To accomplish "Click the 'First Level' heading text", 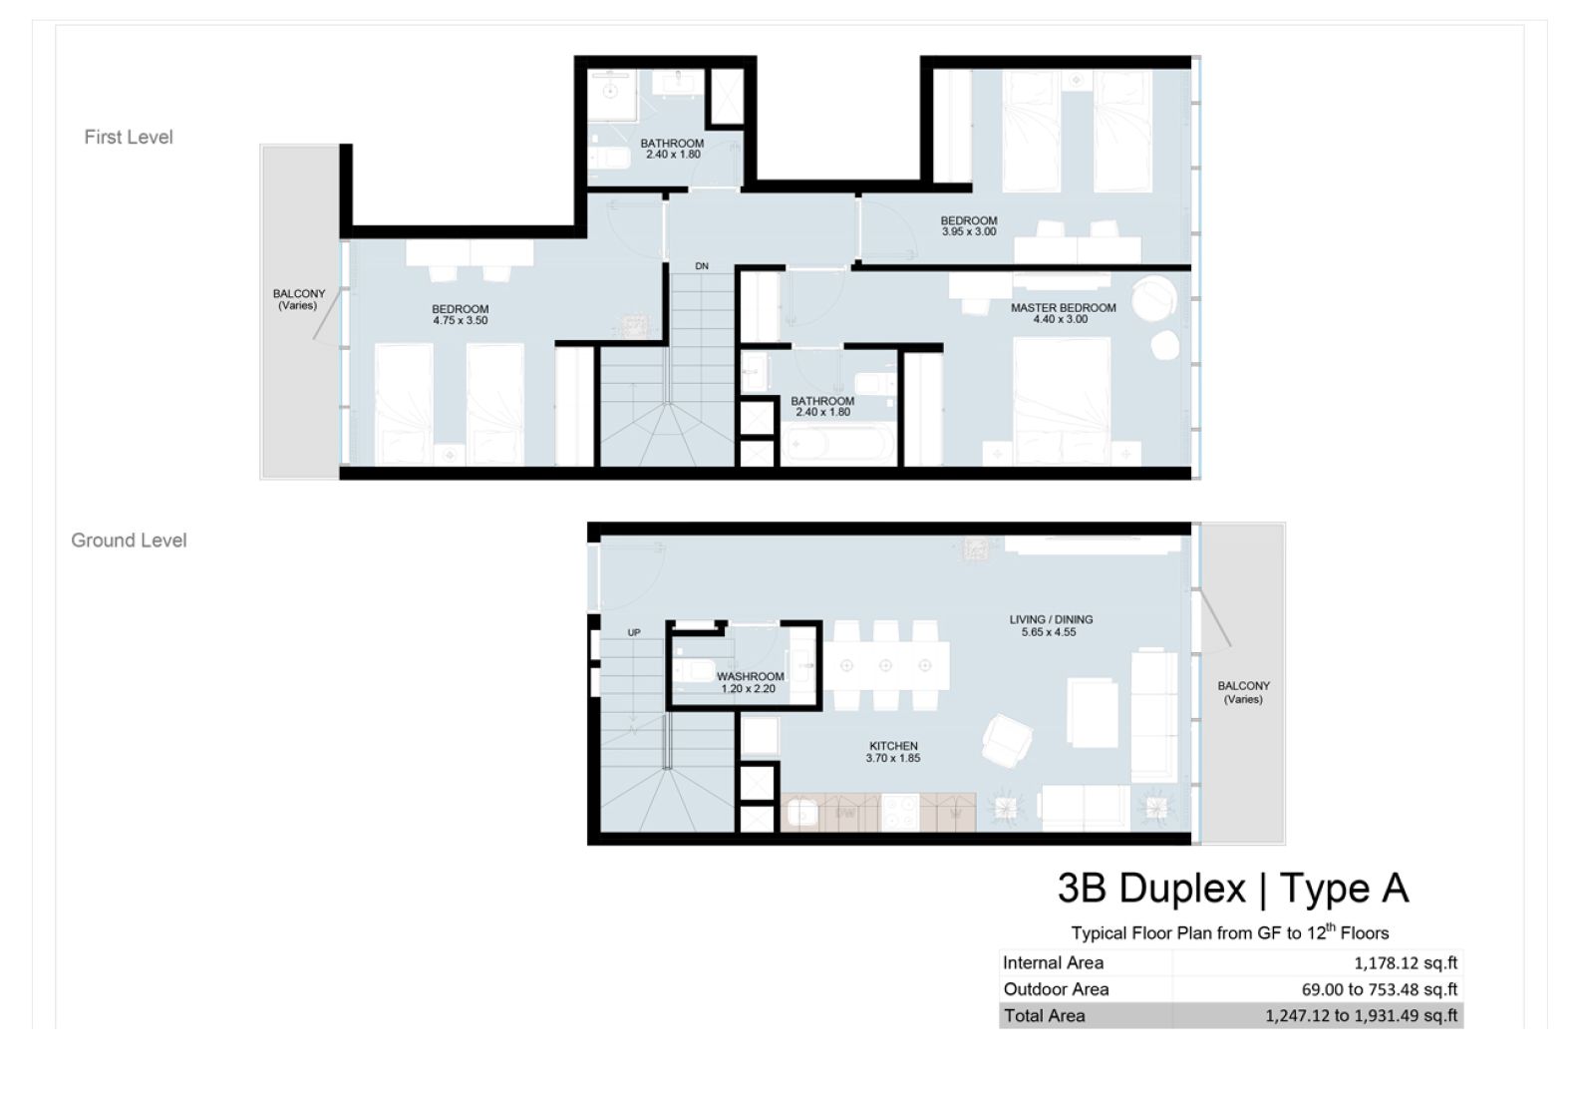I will [128, 138].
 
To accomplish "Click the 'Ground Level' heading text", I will [129, 541].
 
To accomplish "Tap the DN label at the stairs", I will [702, 266].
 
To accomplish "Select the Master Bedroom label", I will [1063, 308].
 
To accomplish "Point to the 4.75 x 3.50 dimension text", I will [461, 321].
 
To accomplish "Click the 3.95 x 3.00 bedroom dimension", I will [968, 232].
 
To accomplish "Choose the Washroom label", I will [750, 676].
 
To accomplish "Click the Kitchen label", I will [893, 746].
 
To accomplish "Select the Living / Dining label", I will [1051, 619].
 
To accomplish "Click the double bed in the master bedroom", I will [1061, 394].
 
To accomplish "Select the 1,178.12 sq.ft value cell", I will [1406, 963].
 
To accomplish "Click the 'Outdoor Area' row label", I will [1056, 989].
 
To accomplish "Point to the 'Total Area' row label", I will [1044, 1016].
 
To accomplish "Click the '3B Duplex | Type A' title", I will [1232, 888].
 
